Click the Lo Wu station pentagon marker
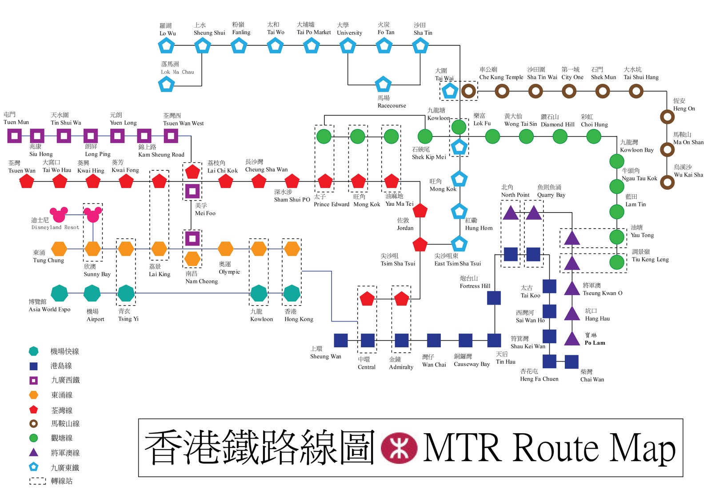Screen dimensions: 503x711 click(x=166, y=45)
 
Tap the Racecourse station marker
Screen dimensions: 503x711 click(x=383, y=84)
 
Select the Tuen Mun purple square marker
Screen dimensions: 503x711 click(x=14, y=136)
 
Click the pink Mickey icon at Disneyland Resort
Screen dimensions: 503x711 click(x=59, y=215)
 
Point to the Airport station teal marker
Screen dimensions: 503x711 click(x=92, y=294)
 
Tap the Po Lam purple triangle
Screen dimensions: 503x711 click(x=572, y=339)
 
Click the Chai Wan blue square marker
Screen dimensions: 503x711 click(x=571, y=362)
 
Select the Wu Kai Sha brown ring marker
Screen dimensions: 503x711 click(x=667, y=182)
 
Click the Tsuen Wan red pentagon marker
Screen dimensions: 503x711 click(x=27, y=181)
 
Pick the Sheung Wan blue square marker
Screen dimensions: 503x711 click(x=340, y=340)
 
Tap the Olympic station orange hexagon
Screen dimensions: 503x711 click(x=226, y=249)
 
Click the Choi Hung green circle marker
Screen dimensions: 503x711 click(x=594, y=137)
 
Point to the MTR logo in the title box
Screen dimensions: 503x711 click(x=399, y=447)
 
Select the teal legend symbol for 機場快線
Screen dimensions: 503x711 click(x=33, y=351)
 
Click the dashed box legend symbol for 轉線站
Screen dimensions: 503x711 click(x=37, y=481)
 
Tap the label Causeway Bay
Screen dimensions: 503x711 click(x=471, y=364)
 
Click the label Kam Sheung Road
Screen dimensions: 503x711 click(x=161, y=155)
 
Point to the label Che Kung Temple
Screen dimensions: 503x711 click(x=501, y=77)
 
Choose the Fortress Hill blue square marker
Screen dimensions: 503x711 click(x=494, y=298)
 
